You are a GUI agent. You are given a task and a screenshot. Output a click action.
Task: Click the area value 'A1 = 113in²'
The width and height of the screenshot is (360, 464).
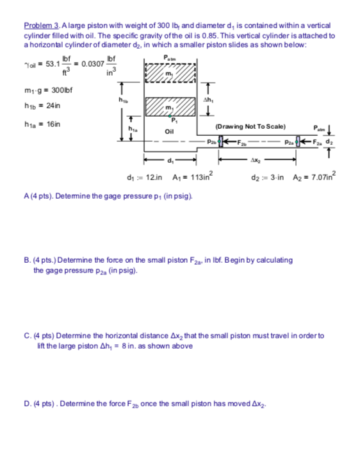(186, 177)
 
